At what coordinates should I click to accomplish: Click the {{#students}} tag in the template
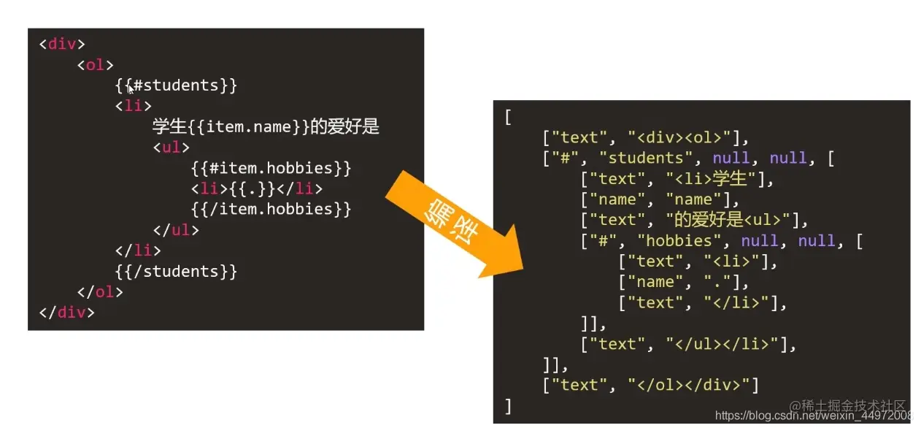coord(176,85)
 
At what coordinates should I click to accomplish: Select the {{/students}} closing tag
coord(176,272)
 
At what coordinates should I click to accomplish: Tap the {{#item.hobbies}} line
coord(271,169)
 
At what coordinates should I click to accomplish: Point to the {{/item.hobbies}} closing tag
coord(271,210)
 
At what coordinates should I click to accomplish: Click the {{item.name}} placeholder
coord(249,127)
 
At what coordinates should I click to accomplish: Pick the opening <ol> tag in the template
coord(96,65)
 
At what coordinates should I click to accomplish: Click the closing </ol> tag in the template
coord(99,292)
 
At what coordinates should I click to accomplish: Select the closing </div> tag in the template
coord(66,313)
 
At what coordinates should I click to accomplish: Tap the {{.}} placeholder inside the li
coord(261,189)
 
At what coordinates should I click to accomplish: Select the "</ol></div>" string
coord(693,385)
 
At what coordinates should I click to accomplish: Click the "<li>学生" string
coord(712,179)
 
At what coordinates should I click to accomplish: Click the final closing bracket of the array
coord(509,406)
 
